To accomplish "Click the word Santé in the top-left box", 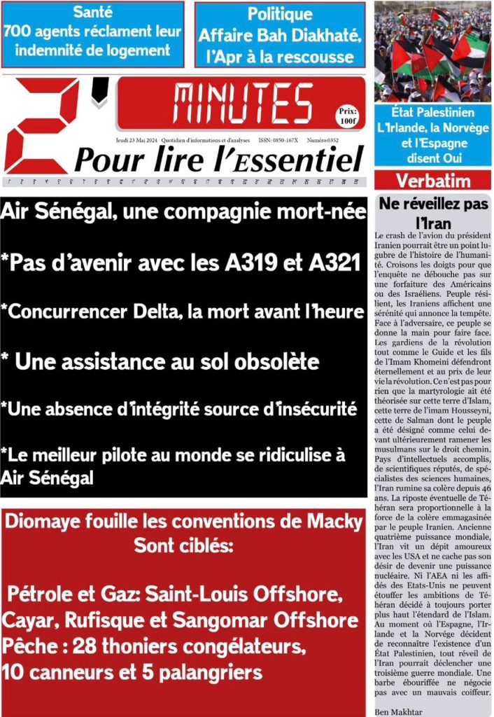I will [92, 13].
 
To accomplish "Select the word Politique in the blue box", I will [280, 14].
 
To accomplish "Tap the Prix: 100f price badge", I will [347, 116].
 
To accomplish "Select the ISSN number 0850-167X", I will [283, 140].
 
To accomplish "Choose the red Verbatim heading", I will [433, 181].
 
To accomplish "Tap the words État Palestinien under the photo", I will [433, 112].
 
